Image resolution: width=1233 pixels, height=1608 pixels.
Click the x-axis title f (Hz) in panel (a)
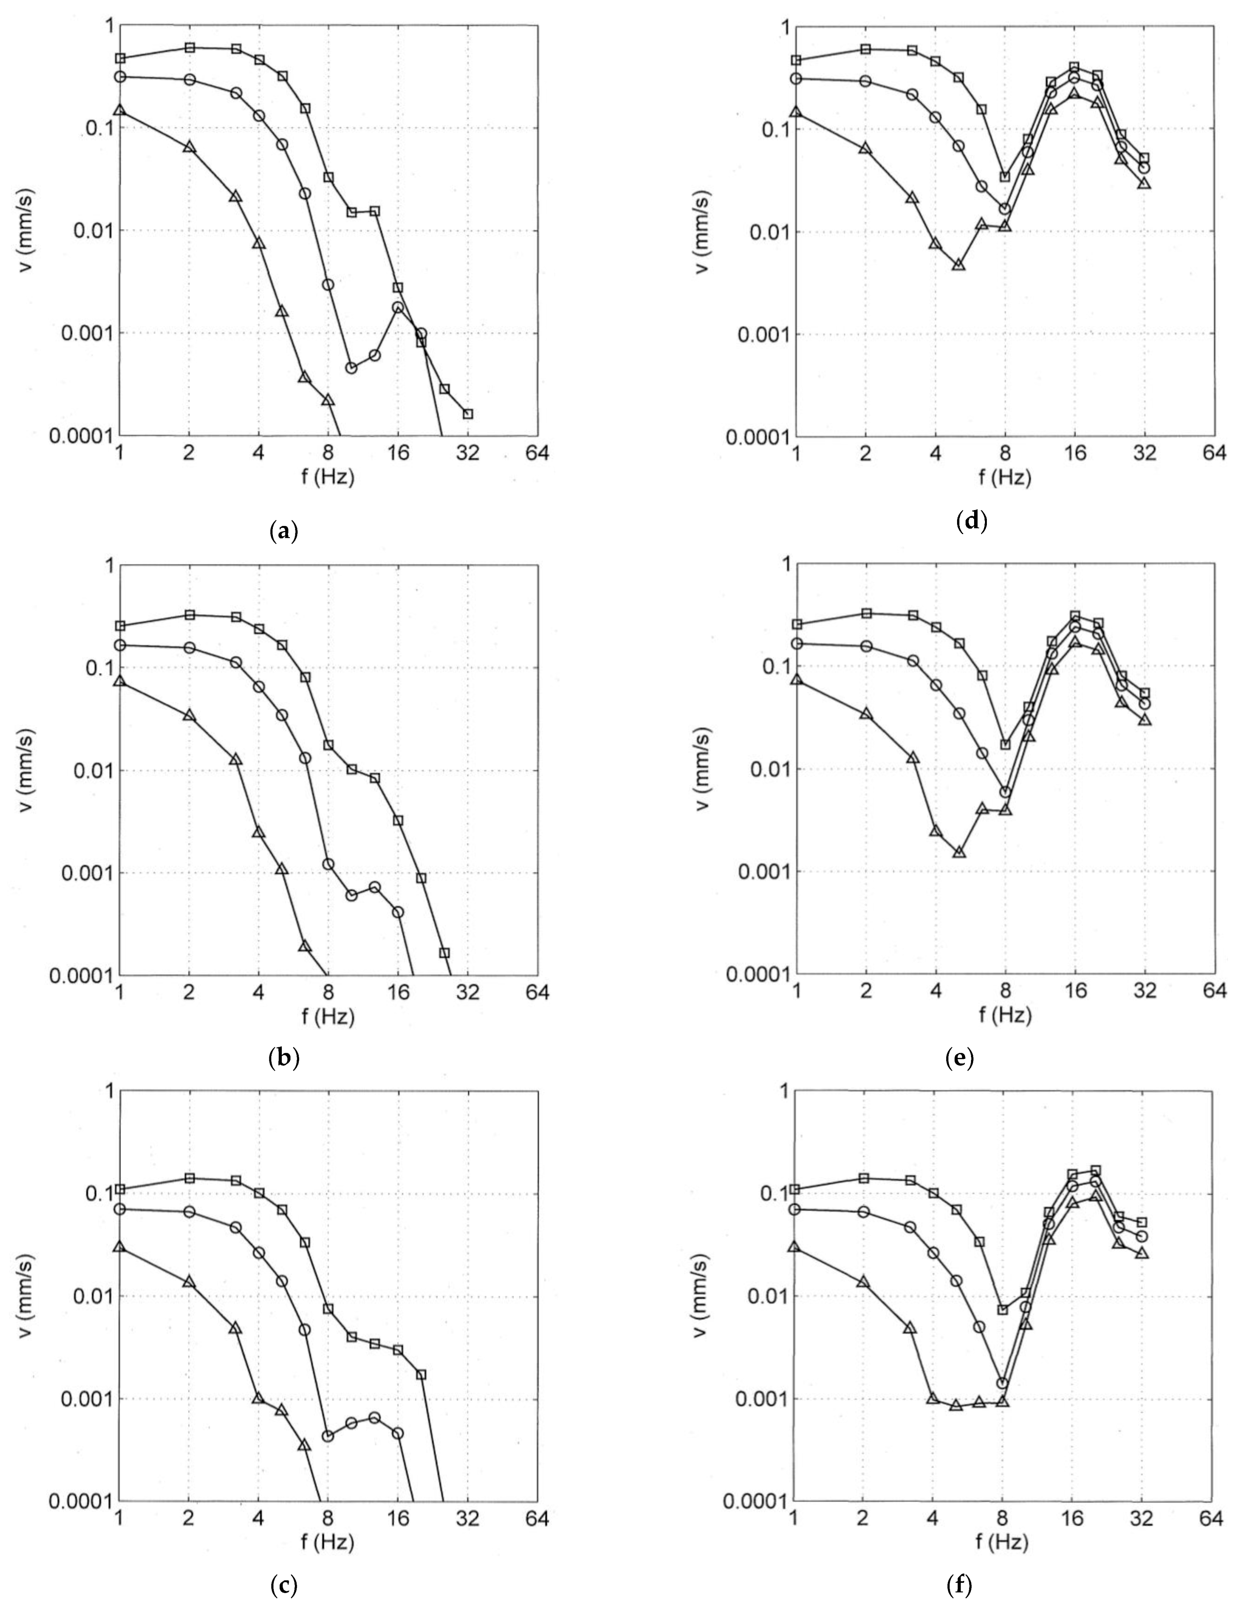(328, 478)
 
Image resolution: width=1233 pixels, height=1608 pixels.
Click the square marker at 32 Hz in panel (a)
(468, 414)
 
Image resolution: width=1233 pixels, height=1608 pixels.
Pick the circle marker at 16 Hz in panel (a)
(398, 308)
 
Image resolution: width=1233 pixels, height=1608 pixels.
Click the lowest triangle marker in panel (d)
(959, 265)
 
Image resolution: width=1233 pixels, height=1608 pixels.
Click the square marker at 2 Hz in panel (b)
(189, 615)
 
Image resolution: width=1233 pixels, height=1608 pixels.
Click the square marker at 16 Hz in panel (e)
(1074, 616)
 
